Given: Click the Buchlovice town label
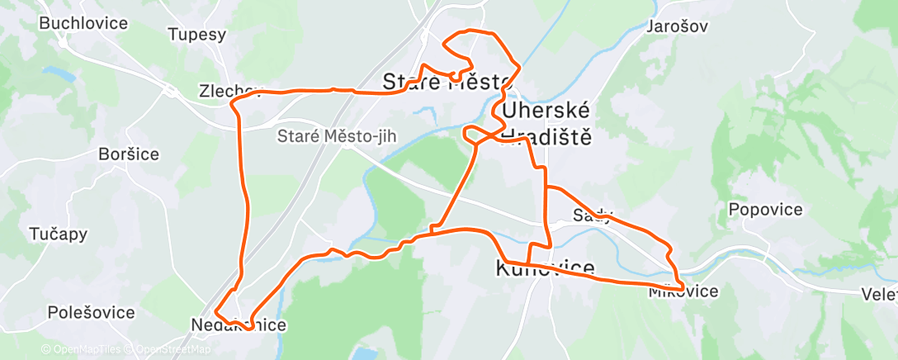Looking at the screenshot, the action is point(83,23).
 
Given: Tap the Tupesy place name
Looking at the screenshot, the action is point(196,35).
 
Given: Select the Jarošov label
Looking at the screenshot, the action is point(678,26).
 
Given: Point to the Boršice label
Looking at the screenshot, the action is point(128,154).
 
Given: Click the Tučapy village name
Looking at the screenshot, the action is point(57,234).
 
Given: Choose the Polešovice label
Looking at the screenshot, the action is point(91,313).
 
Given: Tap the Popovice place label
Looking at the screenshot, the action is point(765,210).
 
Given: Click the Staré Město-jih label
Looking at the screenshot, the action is point(336,135).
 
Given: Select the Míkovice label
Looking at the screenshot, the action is point(683,291).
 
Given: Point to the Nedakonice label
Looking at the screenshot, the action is point(239,325).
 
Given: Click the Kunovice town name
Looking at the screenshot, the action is point(545,268).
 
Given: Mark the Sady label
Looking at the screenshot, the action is point(593,216).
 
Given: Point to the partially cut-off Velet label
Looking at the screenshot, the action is point(878,294).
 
